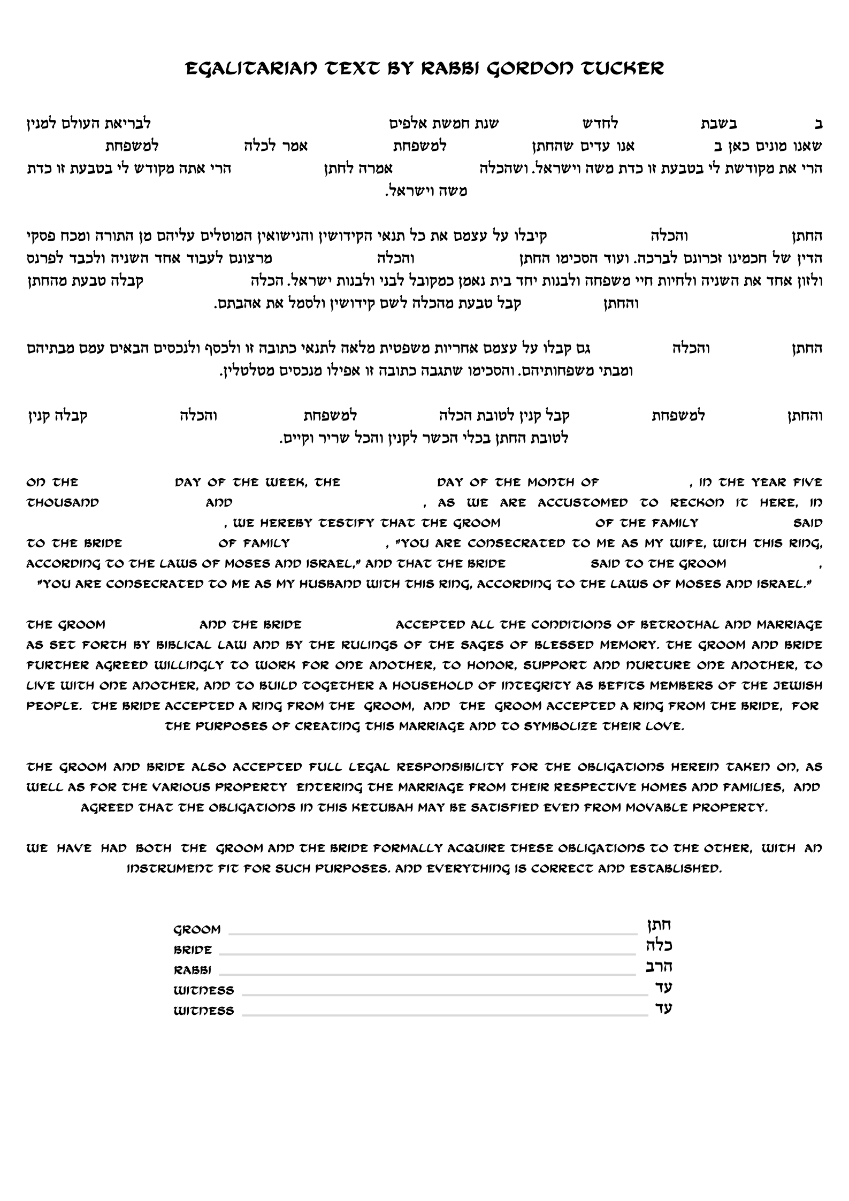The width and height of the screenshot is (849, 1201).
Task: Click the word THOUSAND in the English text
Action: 63,503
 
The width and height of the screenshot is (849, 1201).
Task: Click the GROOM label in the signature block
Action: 197,930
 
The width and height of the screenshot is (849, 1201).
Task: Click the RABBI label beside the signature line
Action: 193,970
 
